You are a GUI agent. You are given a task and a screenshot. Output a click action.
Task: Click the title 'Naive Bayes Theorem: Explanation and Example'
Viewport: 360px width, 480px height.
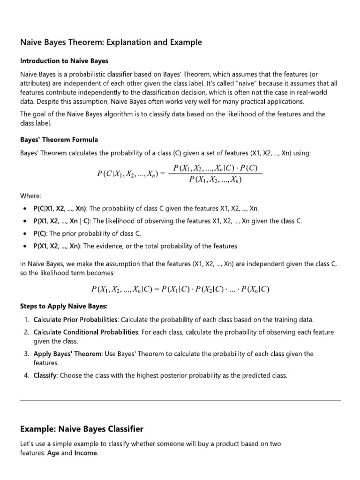point(111,43)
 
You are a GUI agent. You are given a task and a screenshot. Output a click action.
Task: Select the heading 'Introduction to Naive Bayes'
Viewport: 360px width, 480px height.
point(64,61)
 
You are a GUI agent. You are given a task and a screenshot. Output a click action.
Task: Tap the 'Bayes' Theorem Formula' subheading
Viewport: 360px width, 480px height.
point(59,140)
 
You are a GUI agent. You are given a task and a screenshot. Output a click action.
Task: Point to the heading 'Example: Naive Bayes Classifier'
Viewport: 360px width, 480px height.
point(82,429)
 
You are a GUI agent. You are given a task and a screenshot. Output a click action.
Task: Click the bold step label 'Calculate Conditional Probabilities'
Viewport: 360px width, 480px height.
point(86,332)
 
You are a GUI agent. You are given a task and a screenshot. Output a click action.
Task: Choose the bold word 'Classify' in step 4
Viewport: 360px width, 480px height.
point(45,375)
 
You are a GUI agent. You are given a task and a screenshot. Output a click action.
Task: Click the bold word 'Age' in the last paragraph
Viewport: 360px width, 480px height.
point(52,453)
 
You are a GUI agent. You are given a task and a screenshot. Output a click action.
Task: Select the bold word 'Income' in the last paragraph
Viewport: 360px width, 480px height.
point(86,453)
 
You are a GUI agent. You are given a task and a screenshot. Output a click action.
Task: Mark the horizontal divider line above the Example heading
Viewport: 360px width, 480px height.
point(180,400)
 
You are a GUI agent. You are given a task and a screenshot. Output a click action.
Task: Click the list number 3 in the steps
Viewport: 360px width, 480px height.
point(26,354)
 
